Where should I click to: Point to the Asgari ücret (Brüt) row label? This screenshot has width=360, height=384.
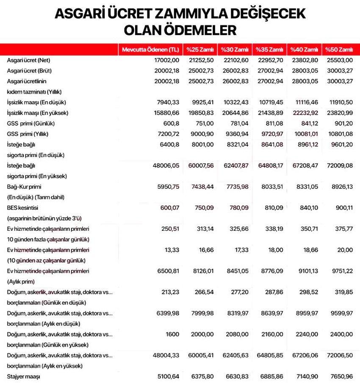29,70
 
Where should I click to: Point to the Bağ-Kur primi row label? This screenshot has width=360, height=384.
24,186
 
